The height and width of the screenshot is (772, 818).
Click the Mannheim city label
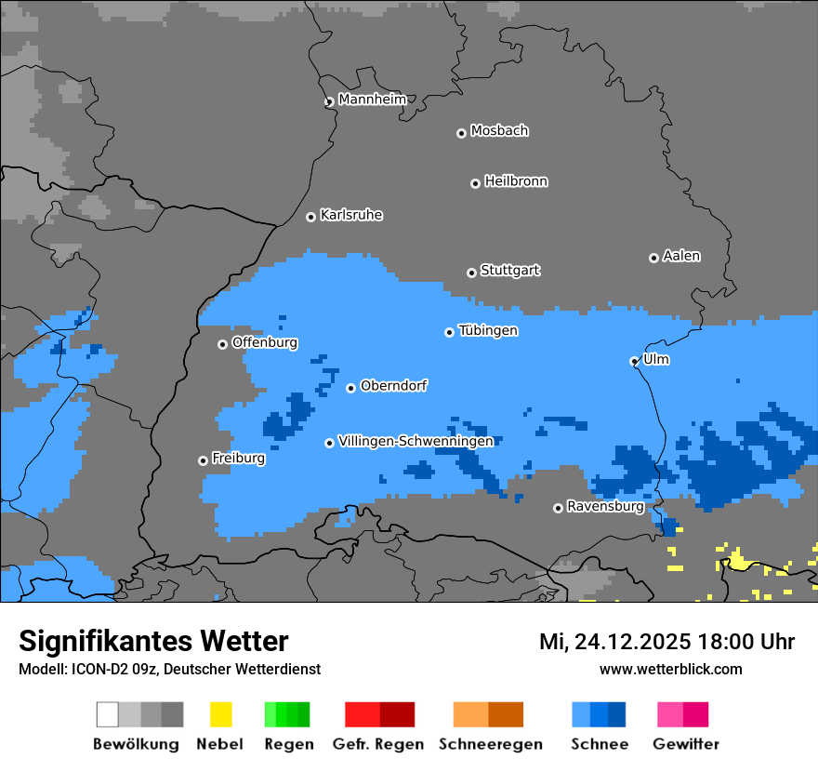373,100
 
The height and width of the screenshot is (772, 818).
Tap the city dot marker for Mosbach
461,133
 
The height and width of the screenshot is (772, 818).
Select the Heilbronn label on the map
516,181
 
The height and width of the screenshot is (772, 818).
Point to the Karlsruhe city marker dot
310,217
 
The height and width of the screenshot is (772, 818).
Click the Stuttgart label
510,271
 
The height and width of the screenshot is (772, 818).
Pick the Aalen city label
681,256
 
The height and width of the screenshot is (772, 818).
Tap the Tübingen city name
488,330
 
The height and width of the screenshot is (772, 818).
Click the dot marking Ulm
634,361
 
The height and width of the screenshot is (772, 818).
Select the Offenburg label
265,342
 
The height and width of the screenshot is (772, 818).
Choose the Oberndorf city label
394,385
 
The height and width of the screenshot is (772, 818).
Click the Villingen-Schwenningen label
416,441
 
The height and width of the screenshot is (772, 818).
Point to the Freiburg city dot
203,460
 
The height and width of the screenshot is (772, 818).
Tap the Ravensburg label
605,507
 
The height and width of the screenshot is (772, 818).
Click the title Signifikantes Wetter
153,641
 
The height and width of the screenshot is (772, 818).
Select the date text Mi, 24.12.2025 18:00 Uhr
666,642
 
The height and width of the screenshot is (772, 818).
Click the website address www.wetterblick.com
670,669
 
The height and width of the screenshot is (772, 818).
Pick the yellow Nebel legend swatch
220,714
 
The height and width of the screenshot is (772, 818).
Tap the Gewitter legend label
686,744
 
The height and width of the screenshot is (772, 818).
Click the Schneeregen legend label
490,744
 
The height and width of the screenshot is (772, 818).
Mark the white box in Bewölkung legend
108,714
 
